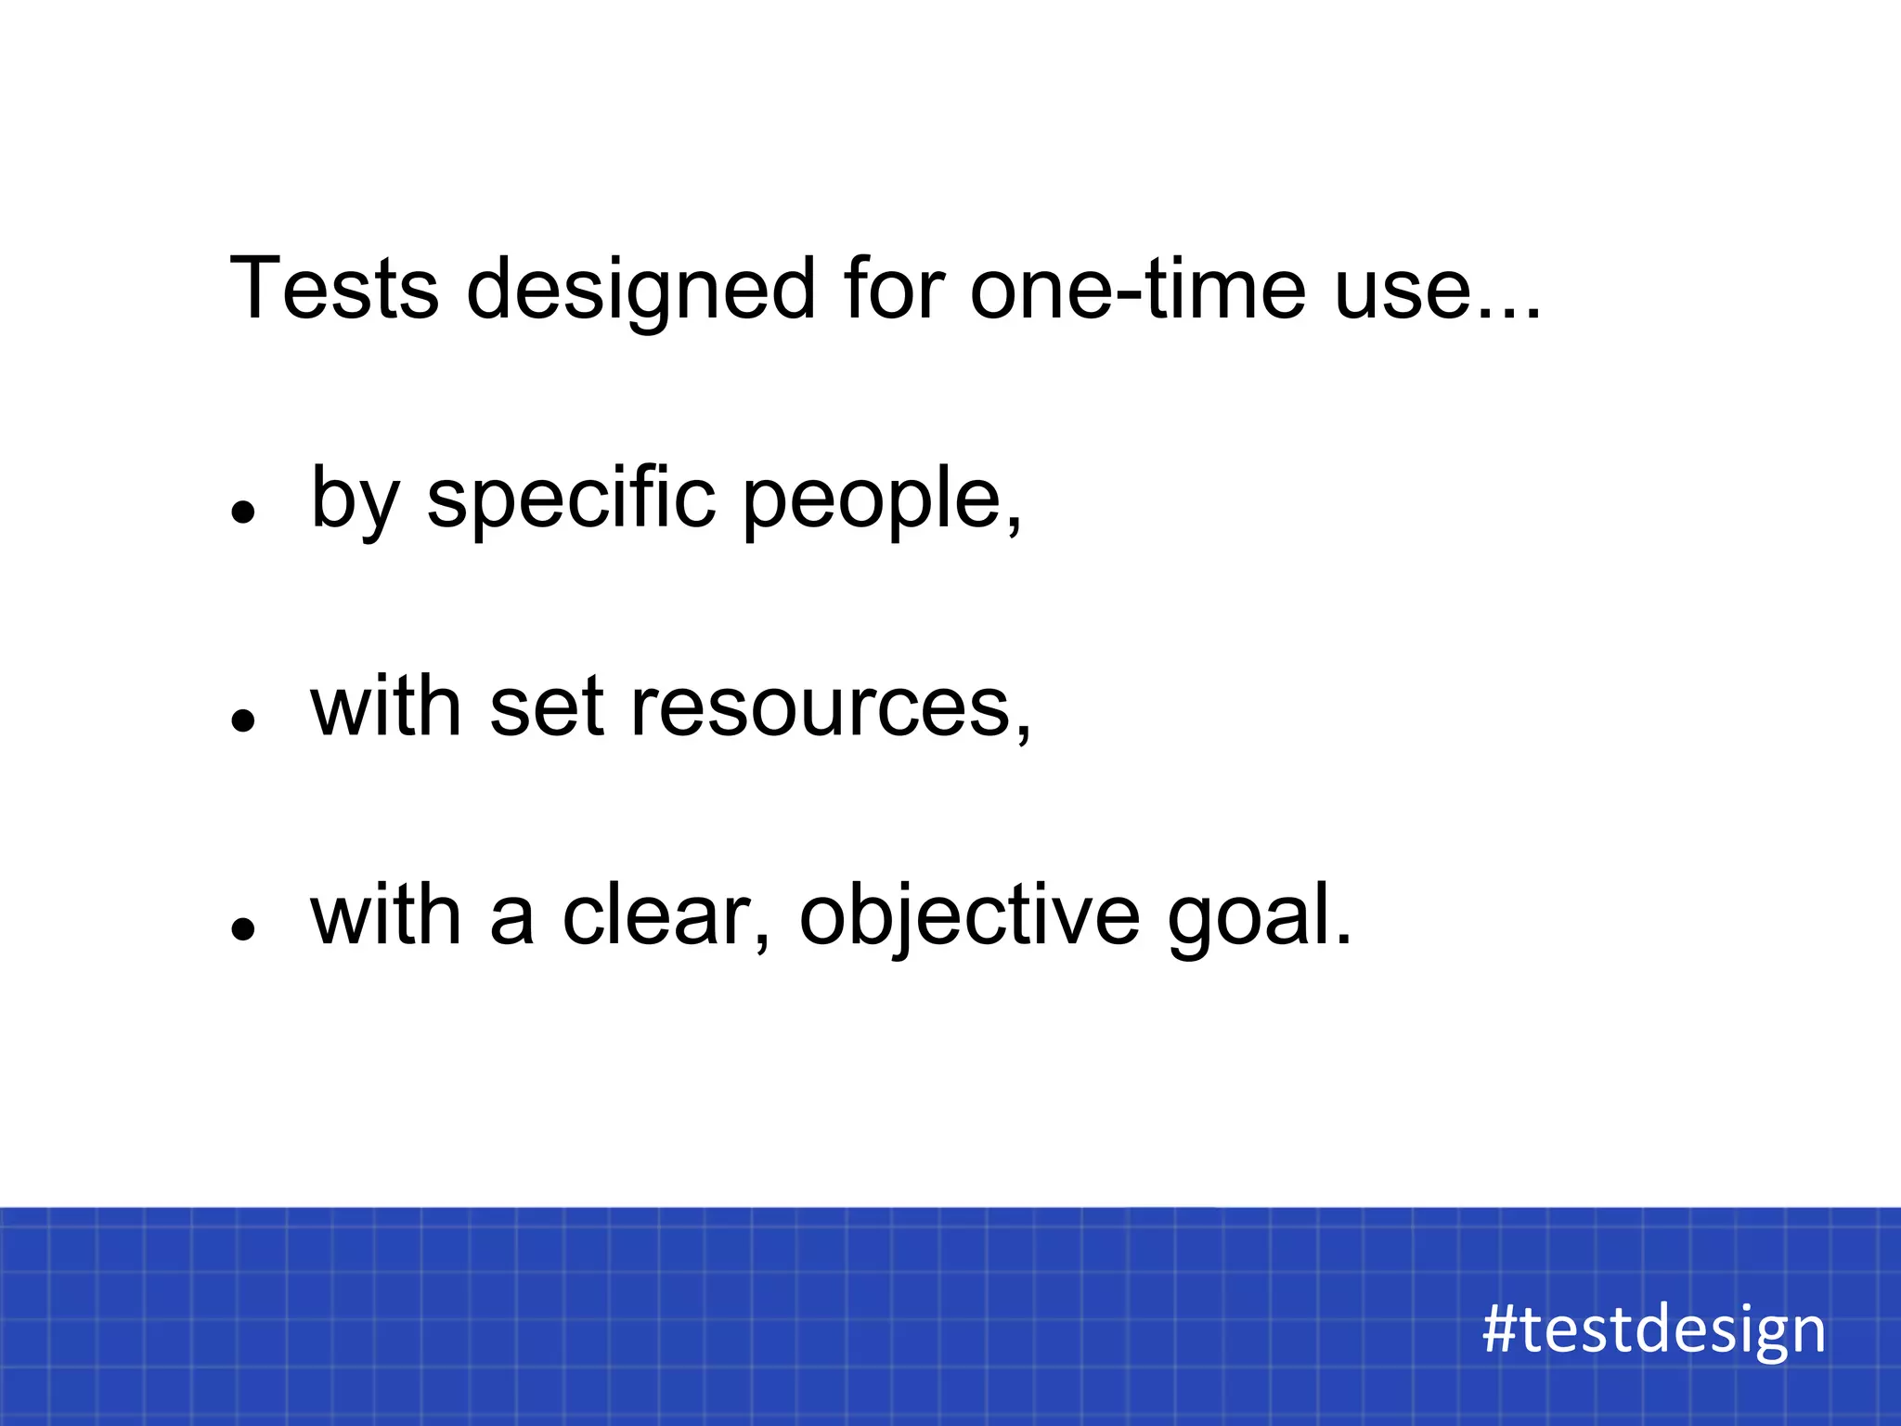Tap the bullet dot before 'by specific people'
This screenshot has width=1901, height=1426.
click(x=243, y=512)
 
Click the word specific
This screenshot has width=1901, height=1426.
click(x=571, y=501)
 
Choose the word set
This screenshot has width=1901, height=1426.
click(x=547, y=708)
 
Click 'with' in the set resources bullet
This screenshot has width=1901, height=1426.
click(x=386, y=707)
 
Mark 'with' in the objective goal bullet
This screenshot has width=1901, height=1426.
click(x=386, y=916)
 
